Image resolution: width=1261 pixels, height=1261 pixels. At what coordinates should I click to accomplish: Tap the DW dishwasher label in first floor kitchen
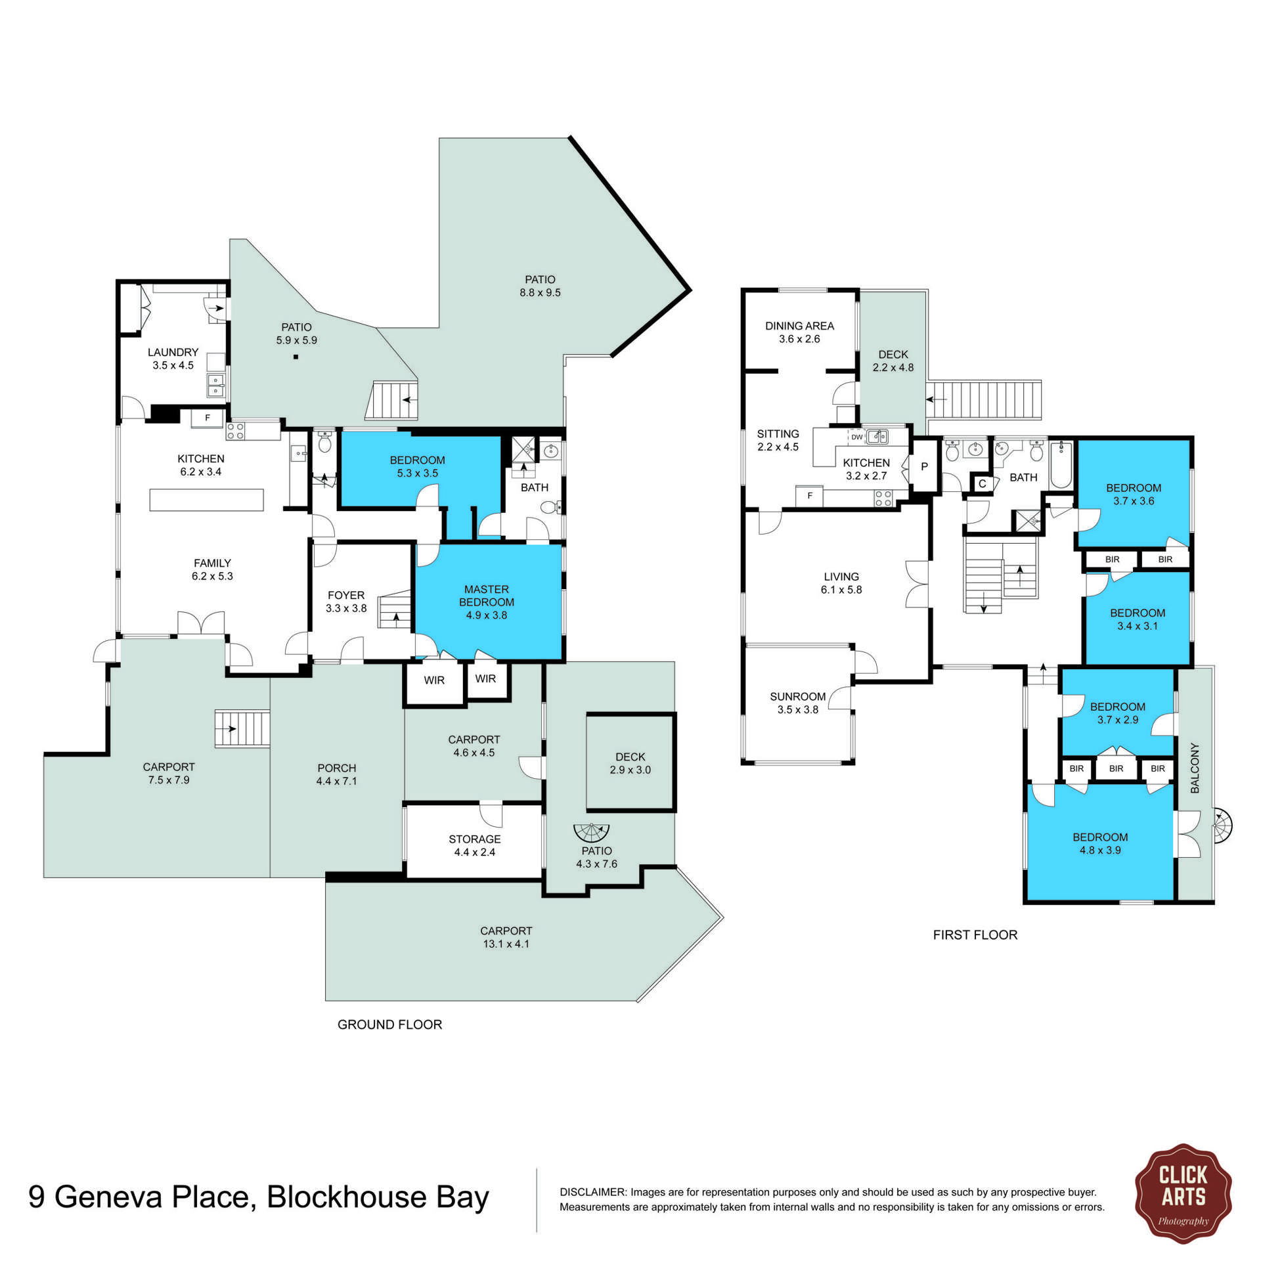pos(856,437)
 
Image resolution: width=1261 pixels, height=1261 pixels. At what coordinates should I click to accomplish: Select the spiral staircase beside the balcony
pos(1222,826)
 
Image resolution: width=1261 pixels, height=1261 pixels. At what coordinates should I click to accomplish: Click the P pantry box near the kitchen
pos(924,467)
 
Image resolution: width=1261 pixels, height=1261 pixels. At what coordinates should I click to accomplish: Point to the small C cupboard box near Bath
pos(982,483)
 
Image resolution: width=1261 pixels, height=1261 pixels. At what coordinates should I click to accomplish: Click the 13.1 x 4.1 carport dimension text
pos(505,944)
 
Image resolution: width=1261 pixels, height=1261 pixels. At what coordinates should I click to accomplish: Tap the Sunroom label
pos(797,696)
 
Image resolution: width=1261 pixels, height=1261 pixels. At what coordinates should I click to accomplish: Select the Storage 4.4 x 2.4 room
pos(474,845)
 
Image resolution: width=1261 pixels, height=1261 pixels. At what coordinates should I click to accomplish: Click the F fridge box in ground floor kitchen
pos(207,418)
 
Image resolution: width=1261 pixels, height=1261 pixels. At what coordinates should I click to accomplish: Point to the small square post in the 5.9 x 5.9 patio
pos(296,357)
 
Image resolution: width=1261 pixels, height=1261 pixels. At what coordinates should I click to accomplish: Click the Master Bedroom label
pos(486,596)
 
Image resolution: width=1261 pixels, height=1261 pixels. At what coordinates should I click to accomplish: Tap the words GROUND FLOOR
pos(389,1025)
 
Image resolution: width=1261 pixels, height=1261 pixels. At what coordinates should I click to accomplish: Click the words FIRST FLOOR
pos(975,935)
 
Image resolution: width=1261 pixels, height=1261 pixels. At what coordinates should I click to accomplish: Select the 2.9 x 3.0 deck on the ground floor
pos(630,763)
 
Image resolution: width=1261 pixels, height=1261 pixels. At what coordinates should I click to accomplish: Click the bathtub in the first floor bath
pos(1061,465)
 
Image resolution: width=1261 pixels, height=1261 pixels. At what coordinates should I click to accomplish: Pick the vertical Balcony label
pos(1195,768)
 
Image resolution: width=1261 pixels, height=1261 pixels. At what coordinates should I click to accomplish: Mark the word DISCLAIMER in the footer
pos(591,1192)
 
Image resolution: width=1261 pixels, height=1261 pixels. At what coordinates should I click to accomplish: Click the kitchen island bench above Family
pos(206,500)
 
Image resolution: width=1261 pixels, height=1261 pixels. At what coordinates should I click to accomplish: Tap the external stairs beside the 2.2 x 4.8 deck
pos(985,399)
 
